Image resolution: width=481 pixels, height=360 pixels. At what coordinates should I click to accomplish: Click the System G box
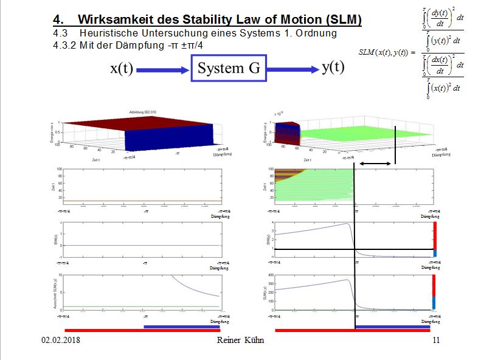pos(228,69)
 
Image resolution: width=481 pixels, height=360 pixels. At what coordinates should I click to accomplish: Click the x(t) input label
pos(122,69)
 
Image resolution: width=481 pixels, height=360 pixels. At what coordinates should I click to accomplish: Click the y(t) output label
pos(333,67)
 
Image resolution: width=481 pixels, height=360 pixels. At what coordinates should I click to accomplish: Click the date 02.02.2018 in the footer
pos(60,341)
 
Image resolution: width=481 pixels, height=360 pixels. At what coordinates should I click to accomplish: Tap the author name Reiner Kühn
pos(240,341)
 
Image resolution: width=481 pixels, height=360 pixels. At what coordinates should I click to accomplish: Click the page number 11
pos(435,341)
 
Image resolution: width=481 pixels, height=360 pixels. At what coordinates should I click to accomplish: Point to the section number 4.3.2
pos(66,45)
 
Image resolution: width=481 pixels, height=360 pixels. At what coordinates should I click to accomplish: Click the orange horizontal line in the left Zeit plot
pos(140,200)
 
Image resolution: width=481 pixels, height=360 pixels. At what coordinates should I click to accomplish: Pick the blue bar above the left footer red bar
pos(181,327)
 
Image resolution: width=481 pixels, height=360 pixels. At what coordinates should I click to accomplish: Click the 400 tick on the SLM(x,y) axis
pos(270,276)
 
